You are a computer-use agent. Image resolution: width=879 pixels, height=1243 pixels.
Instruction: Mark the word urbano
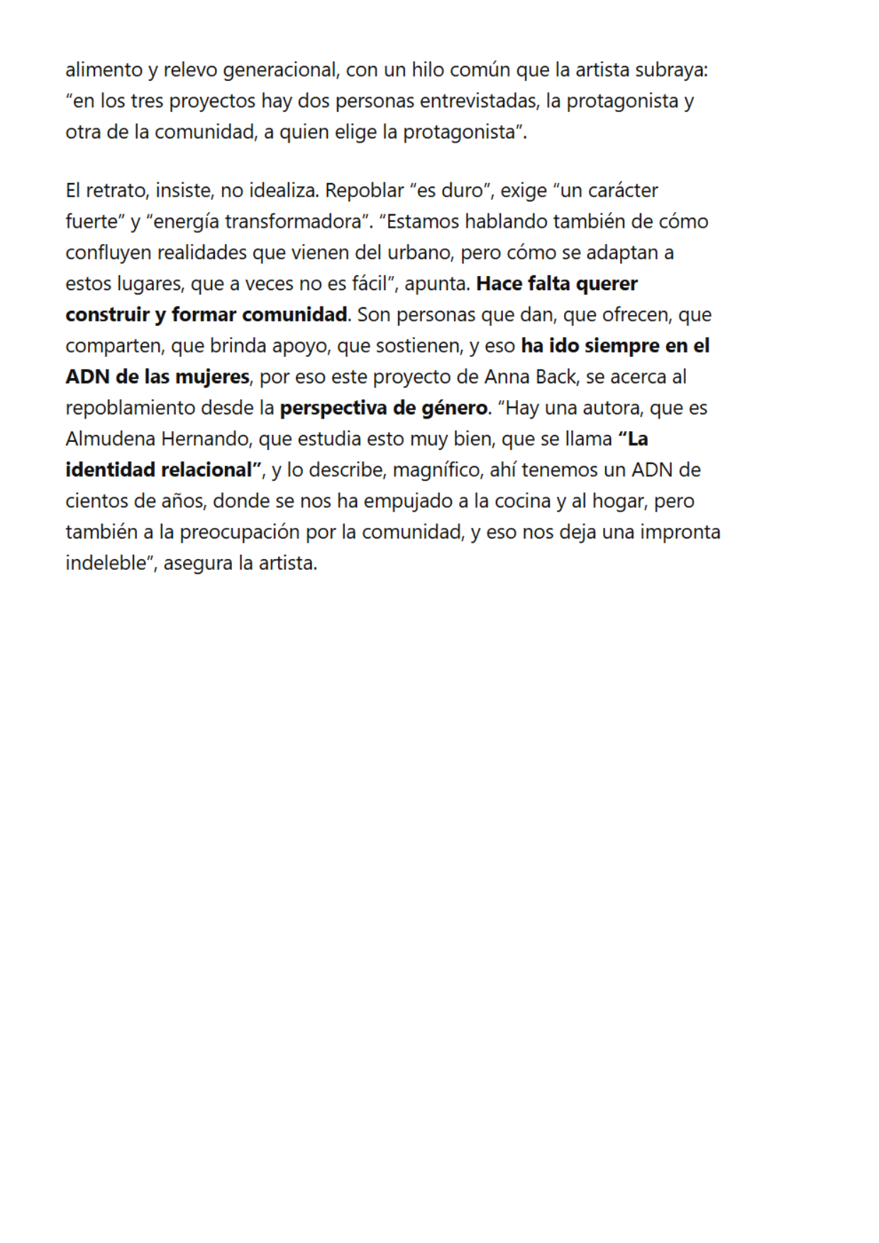[x=419, y=253]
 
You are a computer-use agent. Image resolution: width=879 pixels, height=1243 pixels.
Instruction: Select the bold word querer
[x=607, y=284]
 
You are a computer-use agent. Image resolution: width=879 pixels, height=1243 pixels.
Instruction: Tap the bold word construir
[x=107, y=315]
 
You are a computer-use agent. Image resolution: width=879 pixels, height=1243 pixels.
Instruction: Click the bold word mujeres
[x=212, y=377]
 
